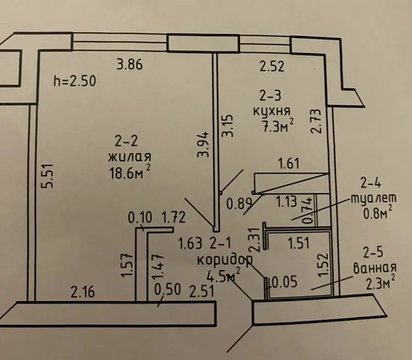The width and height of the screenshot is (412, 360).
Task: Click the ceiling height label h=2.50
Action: pyautogui.click(x=75, y=81)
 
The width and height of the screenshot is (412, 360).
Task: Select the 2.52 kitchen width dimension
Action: pyautogui.click(x=272, y=67)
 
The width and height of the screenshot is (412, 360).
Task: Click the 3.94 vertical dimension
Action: pyautogui.click(x=203, y=145)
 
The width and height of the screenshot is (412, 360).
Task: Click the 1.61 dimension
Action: pyautogui.click(x=290, y=163)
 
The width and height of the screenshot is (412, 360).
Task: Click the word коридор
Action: pyautogui.click(x=230, y=260)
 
